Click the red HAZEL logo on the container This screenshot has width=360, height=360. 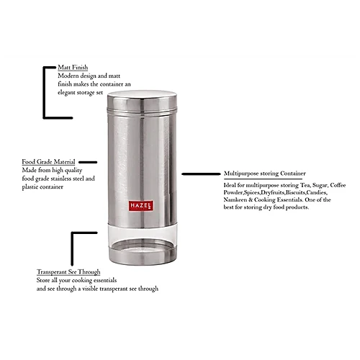[x=141, y=206]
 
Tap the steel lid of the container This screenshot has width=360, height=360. [x=142, y=102]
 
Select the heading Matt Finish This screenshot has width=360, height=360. [x=73, y=68]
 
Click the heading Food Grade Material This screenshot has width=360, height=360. [x=48, y=162]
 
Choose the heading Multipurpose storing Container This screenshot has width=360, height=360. [x=265, y=174]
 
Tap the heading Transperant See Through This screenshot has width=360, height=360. [x=68, y=272]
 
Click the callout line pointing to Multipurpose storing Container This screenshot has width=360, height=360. [x=201, y=174]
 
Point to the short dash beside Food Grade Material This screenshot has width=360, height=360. [x=88, y=162]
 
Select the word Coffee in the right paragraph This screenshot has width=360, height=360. [x=338, y=185]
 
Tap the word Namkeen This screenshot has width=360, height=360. [x=235, y=199]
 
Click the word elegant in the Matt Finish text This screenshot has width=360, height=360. [x=66, y=93]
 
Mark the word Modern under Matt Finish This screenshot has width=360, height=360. [x=67, y=76]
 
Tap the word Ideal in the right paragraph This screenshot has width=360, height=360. [x=230, y=185]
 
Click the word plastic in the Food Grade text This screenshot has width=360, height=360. [x=30, y=187]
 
